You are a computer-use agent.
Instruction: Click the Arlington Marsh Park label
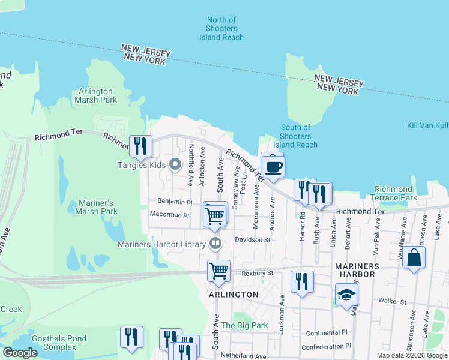97,95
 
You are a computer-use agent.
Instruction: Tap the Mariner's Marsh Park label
97,207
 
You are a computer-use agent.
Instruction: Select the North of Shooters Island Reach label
221,29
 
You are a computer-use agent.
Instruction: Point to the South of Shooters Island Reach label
295,136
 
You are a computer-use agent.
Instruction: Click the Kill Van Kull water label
427,125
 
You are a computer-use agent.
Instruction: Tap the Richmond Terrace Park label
395,193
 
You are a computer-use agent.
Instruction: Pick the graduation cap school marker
346,295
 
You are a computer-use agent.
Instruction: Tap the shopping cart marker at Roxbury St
218,271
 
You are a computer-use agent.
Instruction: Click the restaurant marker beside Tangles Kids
140,146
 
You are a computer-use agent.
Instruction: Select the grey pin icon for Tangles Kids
175,164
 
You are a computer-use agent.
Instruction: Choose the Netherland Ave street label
243,356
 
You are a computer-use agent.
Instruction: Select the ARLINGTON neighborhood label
234,295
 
